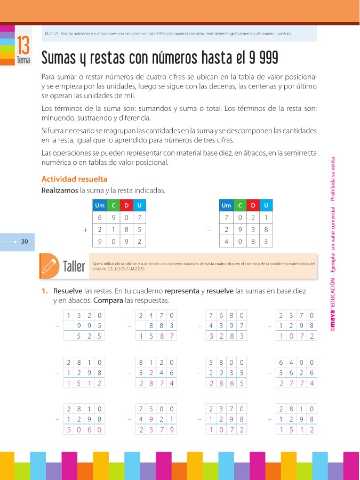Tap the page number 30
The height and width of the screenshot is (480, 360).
pos(24,242)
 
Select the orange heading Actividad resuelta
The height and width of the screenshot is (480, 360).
pos(74,179)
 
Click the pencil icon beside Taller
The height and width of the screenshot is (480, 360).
pos(49,265)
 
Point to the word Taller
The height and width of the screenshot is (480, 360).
pos(74,266)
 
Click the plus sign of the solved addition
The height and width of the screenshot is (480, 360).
pos(85,230)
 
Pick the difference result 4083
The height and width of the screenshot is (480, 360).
pos(245,242)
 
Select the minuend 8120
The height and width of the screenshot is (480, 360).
pos(156,361)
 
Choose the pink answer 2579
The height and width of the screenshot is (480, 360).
pos(156,429)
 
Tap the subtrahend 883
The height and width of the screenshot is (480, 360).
pos(162,325)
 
